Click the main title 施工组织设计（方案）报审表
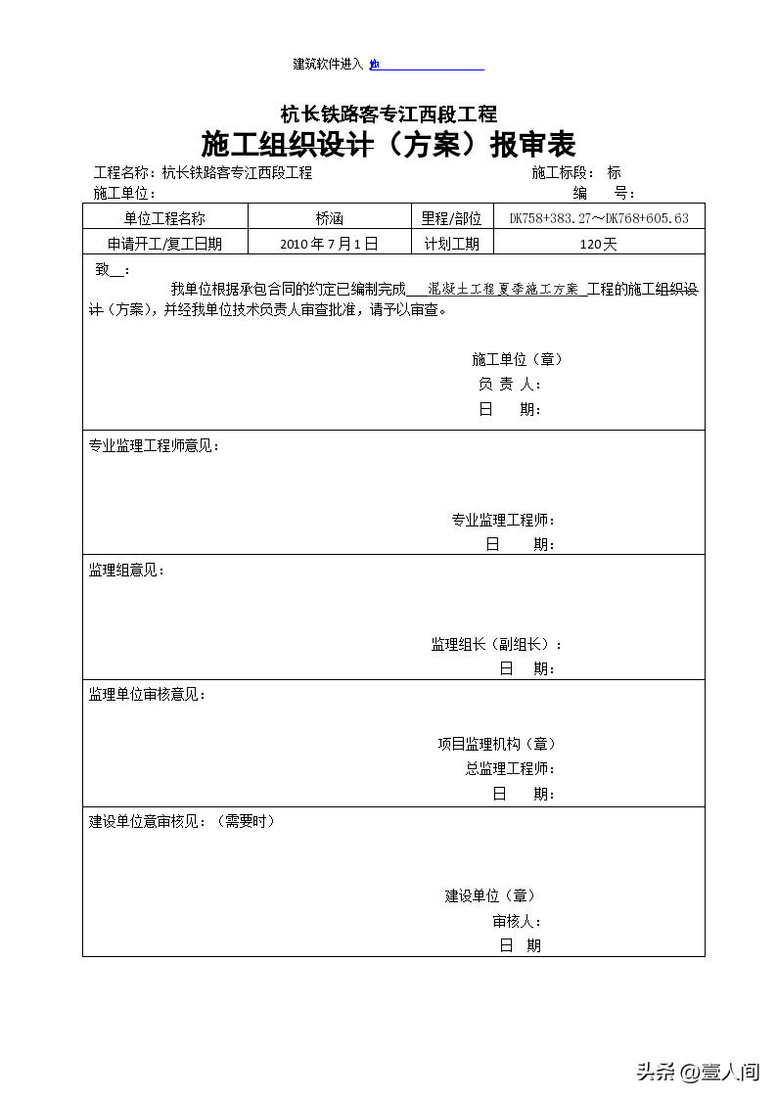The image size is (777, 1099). click(388, 145)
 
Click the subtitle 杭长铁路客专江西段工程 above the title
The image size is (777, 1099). click(388, 114)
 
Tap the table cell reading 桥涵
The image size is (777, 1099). click(330, 219)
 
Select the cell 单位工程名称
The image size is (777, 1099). click(165, 219)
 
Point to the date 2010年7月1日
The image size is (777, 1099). click(329, 245)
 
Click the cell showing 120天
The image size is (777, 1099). click(598, 245)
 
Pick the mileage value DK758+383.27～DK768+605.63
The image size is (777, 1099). click(599, 219)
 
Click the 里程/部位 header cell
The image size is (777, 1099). click(451, 219)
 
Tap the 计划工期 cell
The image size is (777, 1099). click(451, 245)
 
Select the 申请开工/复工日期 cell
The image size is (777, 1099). click(165, 245)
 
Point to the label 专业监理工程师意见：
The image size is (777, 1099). click(155, 446)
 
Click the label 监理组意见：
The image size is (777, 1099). click(127, 571)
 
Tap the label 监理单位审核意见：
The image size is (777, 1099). click(148, 695)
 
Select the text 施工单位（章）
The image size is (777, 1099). click(517, 359)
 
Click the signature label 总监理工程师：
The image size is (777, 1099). click(510, 769)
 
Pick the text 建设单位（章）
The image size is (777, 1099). click(490, 895)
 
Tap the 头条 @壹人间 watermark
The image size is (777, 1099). click(698, 1072)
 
